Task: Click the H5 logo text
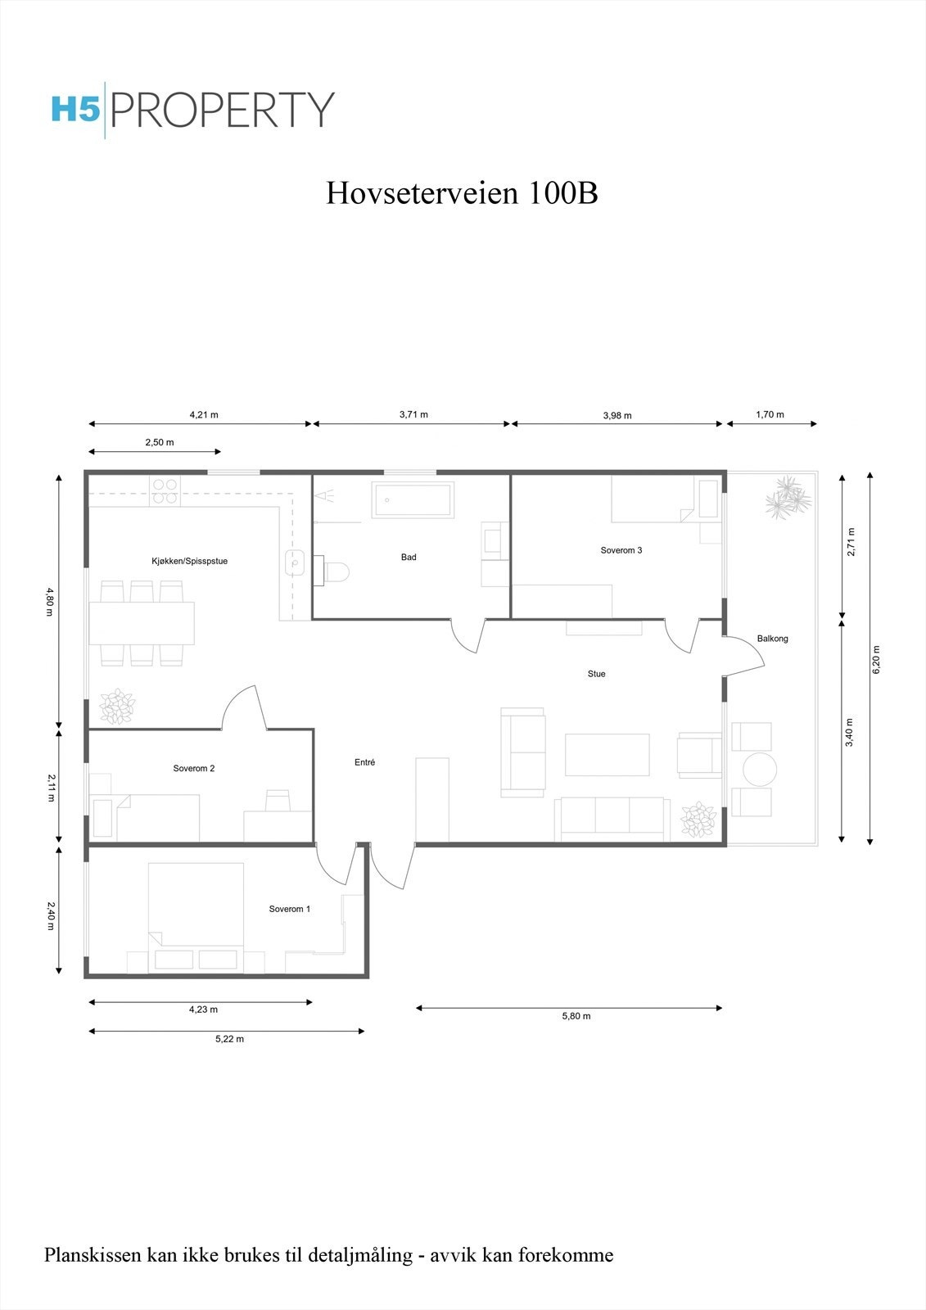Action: click(75, 110)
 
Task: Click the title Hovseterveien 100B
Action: click(462, 193)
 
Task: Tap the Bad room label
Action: click(409, 558)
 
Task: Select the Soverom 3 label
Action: click(621, 550)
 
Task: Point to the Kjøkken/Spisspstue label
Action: click(189, 562)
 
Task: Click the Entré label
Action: click(364, 762)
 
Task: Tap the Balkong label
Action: click(772, 639)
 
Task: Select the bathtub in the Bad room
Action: click(413, 500)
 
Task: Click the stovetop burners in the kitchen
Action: click(165, 491)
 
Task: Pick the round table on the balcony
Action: click(759, 770)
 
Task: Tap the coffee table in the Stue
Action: click(607, 755)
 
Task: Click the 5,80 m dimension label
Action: click(576, 1016)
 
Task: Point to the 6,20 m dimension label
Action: click(876, 659)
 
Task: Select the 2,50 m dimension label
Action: click(159, 442)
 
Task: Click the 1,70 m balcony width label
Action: click(770, 414)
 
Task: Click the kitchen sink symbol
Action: click(295, 562)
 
